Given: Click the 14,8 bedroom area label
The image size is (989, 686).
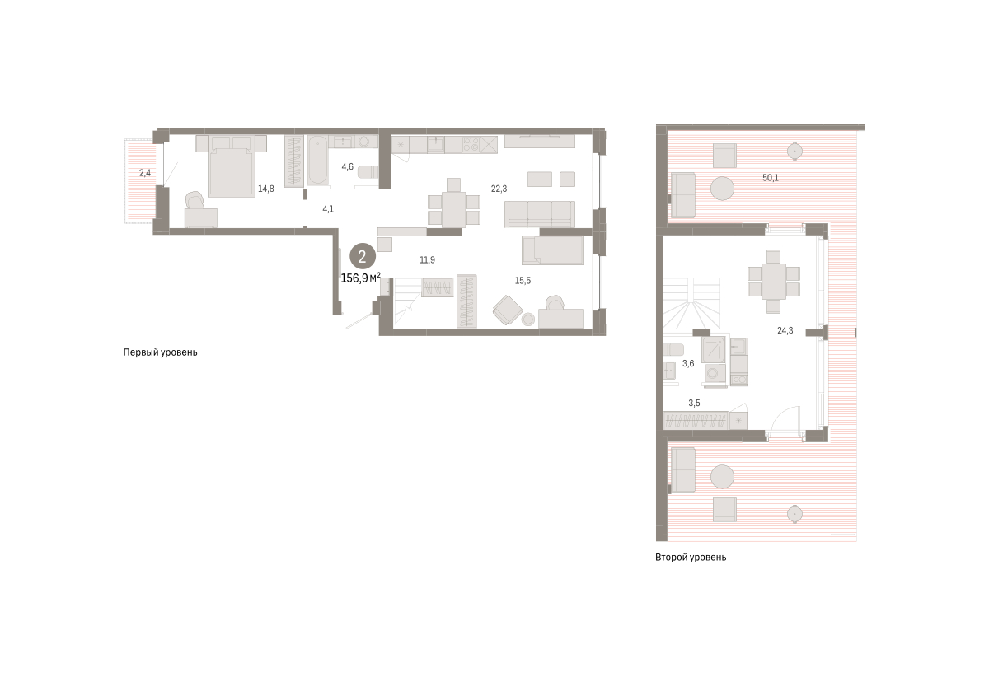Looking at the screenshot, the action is click(x=265, y=189).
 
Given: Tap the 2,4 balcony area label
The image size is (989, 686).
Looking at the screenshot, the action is click(x=145, y=173).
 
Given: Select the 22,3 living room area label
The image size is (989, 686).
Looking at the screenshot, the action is click(x=499, y=189).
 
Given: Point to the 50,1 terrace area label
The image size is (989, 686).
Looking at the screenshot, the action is click(x=771, y=178).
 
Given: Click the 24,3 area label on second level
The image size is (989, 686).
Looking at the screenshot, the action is click(x=785, y=330).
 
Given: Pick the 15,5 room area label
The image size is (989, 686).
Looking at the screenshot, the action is click(x=523, y=281).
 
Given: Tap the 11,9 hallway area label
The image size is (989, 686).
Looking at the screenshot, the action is click(x=427, y=260).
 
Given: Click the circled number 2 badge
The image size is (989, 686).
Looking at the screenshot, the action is click(x=363, y=257).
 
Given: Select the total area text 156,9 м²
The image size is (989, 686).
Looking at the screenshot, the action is click(x=361, y=278).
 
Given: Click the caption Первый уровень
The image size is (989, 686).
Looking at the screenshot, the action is click(x=160, y=352).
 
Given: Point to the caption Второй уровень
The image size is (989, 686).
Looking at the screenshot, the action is click(x=691, y=558).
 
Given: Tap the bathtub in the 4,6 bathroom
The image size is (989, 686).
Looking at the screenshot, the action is click(x=317, y=160).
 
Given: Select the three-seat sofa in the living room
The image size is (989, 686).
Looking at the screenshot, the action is click(x=540, y=214).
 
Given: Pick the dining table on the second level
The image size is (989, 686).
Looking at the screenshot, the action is click(x=774, y=282).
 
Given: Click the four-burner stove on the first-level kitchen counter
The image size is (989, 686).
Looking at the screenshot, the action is click(x=471, y=144).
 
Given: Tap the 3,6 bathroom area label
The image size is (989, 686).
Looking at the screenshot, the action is click(x=688, y=363).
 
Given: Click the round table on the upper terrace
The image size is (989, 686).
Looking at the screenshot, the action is click(x=722, y=189).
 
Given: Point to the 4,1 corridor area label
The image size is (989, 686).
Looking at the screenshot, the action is click(x=328, y=209).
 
